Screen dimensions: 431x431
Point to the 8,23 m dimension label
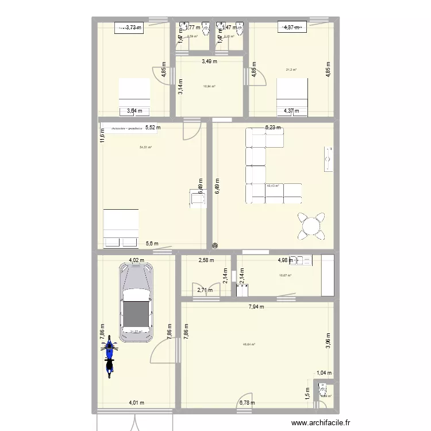point(273,128)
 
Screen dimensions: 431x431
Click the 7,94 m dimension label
point(256,307)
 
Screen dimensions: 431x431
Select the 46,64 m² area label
point(249,345)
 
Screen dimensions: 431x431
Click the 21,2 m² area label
point(291,70)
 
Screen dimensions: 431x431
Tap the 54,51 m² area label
point(147,148)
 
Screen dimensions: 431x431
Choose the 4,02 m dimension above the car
point(136,260)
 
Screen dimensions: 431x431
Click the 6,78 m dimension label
point(247,403)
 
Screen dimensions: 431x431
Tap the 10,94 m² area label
point(209,87)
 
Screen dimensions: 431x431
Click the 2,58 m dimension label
point(206,260)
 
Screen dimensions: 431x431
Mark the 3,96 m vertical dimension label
point(328,341)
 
